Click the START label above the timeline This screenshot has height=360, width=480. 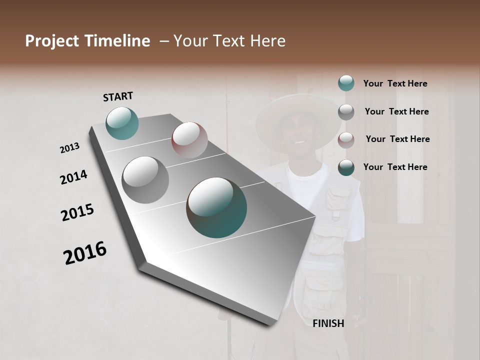pos(118,96)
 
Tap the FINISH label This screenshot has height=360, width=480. pos(328,323)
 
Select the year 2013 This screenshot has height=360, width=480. pos(69,148)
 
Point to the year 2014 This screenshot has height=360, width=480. pos(73,177)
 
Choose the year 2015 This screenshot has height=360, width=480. pos(77,212)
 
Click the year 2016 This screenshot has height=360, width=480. pos(85,252)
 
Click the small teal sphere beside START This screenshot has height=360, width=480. pos(122,123)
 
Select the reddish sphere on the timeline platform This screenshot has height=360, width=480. pos(189,140)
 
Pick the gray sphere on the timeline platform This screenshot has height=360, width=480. pos(145,180)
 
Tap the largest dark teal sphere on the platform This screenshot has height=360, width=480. pos(216,207)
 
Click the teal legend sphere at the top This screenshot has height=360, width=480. pos(346,83)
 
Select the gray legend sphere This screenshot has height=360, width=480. pos(346,111)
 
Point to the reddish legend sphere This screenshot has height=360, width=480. pos(346,139)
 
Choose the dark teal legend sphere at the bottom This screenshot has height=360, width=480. pos(346,167)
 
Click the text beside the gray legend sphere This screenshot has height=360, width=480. pos(396,111)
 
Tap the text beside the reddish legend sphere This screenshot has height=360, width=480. pos(397,139)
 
